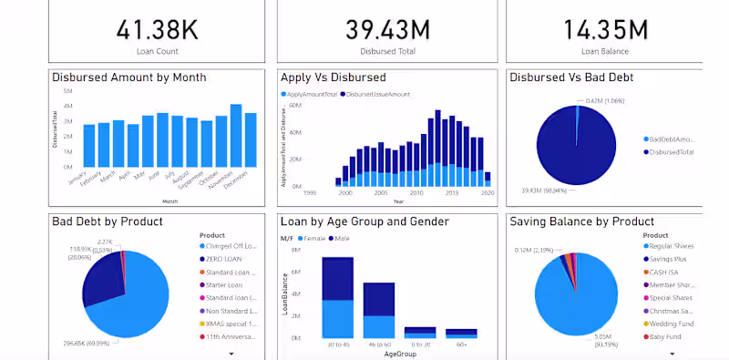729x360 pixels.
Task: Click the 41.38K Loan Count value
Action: point(158,29)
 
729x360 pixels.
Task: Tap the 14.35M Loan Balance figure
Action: point(605,29)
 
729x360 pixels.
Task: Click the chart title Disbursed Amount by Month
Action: point(128,77)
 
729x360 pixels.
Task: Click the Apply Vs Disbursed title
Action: point(334,77)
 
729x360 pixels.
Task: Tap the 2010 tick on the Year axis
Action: point(416,193)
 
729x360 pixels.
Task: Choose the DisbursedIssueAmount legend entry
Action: point(384,94)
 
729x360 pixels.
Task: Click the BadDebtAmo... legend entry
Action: point(673,139)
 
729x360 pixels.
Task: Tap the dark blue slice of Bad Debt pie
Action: point(101,283)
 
